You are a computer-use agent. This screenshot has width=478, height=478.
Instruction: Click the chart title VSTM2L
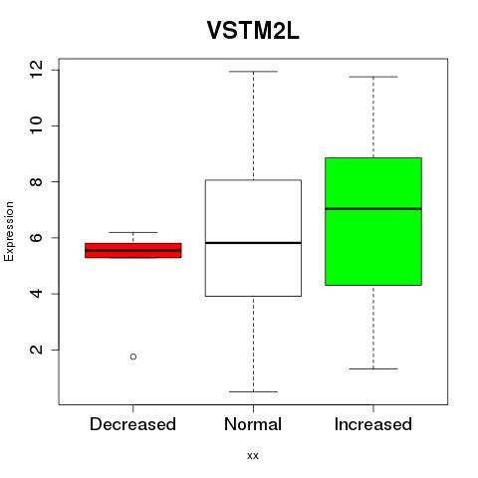pyautogui.click(x=253, y=31)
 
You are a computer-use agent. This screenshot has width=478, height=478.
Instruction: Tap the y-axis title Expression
pyautogui.click(x=9, y=231)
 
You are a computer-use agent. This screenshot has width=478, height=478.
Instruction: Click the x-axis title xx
pyautogui.click(x=253, y=456)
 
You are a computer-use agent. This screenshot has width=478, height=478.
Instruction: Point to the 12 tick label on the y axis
pyautogui.click(x=37, y=70)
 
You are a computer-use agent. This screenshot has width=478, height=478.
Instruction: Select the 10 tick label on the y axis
pyautogui.click(x=37, y=125)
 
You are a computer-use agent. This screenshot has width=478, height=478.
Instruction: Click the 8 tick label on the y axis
pyautogui.click(x=37, y=181)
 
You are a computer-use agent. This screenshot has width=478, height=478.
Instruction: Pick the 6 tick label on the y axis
pyautogui.click(x=37, y=238)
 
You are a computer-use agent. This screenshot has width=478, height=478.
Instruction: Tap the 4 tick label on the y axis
pyautogui.click(x=37, y=294)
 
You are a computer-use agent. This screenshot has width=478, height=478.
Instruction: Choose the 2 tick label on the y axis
pyautogui.click(x=37, y=350)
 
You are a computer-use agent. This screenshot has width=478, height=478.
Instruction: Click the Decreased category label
pyautogui.click(x=132, y=424)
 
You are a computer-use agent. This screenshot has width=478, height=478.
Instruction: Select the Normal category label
pyautogui.click(x=253, y=424)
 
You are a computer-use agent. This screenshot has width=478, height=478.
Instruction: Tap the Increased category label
pyautogui.click(x=373, y=424)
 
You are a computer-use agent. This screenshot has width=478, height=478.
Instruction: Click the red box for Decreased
pyautogui.click(x=133, y=250)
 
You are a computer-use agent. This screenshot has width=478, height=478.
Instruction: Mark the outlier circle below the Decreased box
pyautogui.click(x=133, y=357)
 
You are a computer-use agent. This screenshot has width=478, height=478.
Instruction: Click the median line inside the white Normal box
pyautogui.click(x=253, y=243)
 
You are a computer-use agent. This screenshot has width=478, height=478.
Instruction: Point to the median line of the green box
pyautogui.click(x=373, y=209)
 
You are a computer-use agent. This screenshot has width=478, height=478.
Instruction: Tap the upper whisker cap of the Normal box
pyautogui.click(x=253, y=72)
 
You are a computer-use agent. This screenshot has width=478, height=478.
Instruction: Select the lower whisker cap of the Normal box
pyautogui.click(x=253, y=391)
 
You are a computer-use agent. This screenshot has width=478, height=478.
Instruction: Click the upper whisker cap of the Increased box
pyautogui.click(x=373, y=77)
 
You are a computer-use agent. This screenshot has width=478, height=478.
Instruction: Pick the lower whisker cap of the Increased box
pyautogui.click(x=373, y=368)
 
